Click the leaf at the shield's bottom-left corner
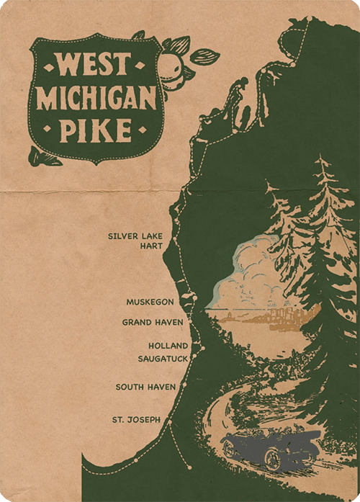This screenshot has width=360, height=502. click(x=45, y=154)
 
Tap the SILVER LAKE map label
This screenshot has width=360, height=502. click(x=133, y=236)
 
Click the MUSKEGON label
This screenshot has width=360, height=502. click(x=150, y=302)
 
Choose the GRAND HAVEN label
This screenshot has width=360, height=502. click(x=153, y=322)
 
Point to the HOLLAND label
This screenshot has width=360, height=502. click(x=168, y=346)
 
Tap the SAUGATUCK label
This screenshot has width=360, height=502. click(x=163, y=357)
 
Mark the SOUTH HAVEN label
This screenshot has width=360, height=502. click(x=145, y=387)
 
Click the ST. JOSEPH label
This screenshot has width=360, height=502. click(x=136, y=418)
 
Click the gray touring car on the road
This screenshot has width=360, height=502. click(x=270, y=448)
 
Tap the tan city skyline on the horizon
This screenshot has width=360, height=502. click(x=288, y=318)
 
